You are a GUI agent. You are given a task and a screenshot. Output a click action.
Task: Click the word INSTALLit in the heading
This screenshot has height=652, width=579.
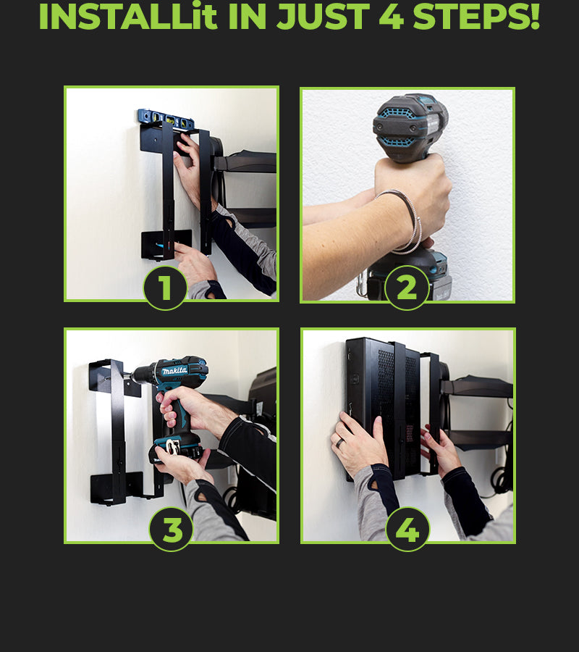tap(128, 16)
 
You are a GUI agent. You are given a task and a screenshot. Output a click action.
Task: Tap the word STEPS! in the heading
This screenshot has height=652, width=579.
tap(476, 16)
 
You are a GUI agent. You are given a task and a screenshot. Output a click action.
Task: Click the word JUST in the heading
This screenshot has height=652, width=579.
tap(323, 16)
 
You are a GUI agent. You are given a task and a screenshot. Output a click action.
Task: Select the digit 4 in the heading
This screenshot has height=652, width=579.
tap(392, 16)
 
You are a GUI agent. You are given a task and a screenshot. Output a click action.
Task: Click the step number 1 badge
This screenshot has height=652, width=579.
tap(165, 288)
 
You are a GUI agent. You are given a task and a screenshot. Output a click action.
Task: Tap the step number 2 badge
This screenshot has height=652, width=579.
tap(407, 288)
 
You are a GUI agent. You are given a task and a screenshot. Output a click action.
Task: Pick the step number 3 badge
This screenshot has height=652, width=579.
tap(172, 530)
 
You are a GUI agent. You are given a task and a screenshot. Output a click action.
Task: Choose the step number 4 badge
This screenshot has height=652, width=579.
tap(407, 530)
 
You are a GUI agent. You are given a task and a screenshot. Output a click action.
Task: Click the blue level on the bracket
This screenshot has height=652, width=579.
tap(165, 118)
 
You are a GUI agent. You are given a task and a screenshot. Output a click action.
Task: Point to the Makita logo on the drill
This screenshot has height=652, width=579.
tap(175, 370)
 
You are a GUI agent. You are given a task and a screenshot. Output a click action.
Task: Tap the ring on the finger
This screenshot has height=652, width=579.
tap(340, 443)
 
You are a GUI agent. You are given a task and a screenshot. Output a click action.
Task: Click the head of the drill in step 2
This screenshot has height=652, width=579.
tap(410, 127)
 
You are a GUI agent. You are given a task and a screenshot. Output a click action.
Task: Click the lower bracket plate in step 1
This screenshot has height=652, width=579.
tap(166, 245)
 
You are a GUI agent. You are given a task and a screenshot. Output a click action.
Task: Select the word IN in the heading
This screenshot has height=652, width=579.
tap(247, 16)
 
